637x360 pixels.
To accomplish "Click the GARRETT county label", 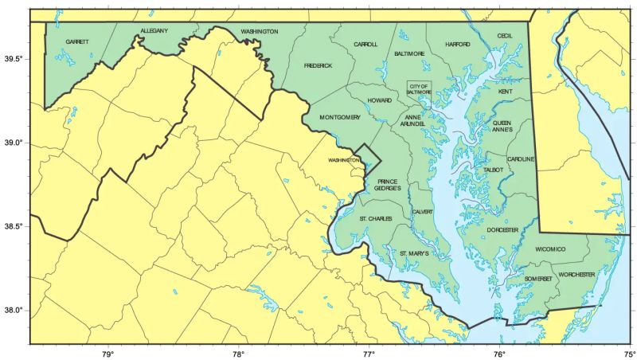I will [76, 41].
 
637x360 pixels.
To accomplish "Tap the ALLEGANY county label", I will [154, 30].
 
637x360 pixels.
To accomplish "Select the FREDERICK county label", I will [318, 65].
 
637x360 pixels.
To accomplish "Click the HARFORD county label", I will [458, 45].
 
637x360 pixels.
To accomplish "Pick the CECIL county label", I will [505, 36].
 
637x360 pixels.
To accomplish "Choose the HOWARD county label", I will [380, 100].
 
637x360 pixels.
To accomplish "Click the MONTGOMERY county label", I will [340, 118].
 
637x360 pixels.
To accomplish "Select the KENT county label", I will [506, 92].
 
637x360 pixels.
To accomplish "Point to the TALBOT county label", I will [494, 170].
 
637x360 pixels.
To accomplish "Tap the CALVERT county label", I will [422, 212].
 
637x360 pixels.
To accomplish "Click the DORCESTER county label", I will [502, 229].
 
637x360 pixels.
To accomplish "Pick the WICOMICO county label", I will [549, 249].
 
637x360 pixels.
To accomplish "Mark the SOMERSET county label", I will [538, 278].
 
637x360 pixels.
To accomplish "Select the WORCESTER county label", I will [576, 274].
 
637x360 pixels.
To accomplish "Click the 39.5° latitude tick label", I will [14, 60].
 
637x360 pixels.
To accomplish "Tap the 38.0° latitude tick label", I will [14, 311].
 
